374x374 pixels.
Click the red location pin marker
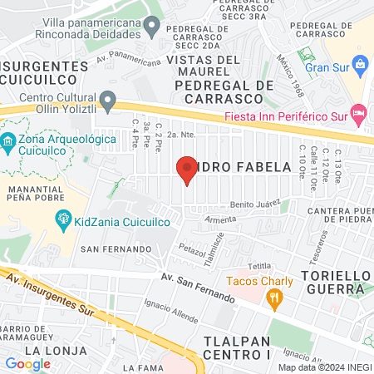(x=187, y=170)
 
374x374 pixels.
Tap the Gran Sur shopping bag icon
(x=359, y=63)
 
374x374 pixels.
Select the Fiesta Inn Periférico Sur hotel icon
(x=359, y=111)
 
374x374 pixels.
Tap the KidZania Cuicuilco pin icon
(x=62, y=219)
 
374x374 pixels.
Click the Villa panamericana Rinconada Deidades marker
(x=151, y=27)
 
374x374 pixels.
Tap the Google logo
(x=27, y=363)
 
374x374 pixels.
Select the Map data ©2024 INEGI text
(x=324, y=367)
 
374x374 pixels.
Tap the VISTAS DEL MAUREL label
(x=203, y=66)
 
